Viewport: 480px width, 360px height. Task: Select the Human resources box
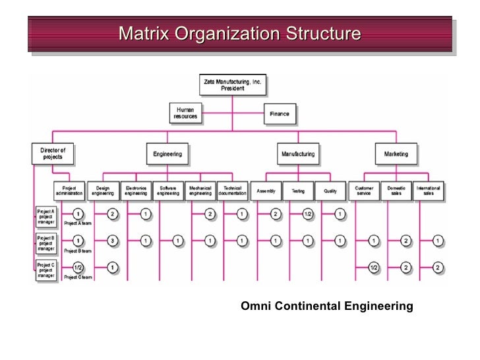coord(185,113)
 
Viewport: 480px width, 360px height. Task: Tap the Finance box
coord(279,113)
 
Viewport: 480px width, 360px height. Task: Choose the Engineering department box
coord(167,154)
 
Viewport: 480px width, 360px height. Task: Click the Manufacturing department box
coord(298,154)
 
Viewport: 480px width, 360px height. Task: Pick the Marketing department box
coord(396,154)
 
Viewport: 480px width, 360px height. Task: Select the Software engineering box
coord(167,191)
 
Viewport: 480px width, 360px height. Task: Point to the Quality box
coord(330,191)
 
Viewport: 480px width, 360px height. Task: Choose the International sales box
coord(429,191)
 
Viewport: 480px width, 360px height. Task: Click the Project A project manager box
coord(46,216)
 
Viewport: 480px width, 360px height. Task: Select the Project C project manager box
coord(46,270)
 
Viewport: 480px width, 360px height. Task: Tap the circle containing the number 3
coord(112,241)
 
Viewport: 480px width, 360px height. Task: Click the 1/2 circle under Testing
coord(308,214)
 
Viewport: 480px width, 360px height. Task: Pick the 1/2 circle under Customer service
coord(373,268)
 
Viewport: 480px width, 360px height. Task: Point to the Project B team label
coord(77,251)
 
